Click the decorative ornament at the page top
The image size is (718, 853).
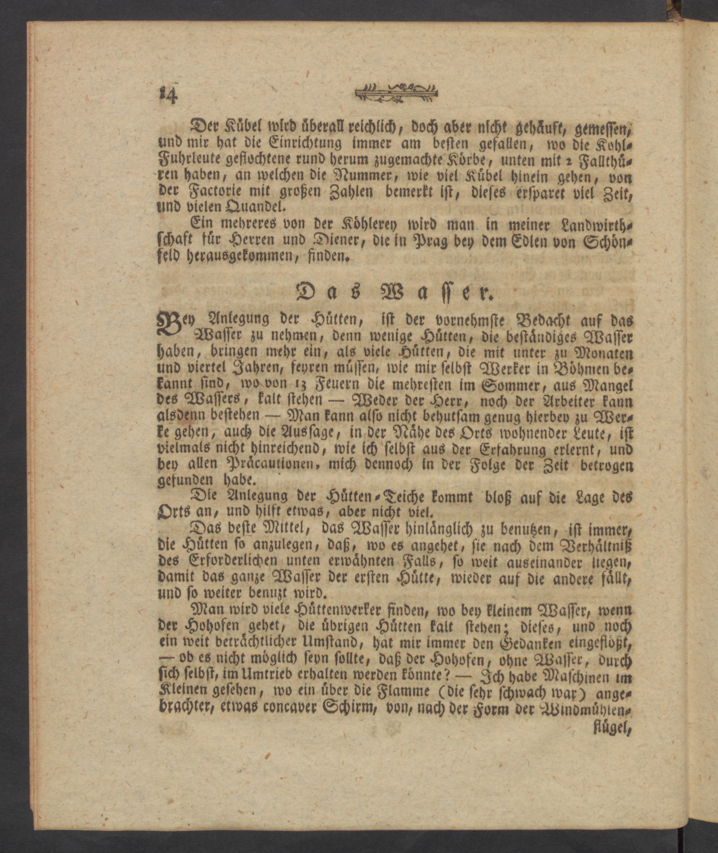(396, 93)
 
